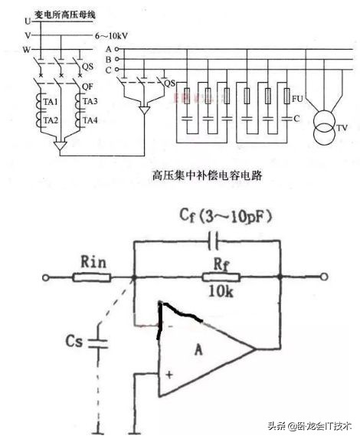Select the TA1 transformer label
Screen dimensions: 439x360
pos(51,101)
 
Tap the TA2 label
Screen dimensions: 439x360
pos(51,120)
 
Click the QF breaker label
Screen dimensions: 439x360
pos(87,87)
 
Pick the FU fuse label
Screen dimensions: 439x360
pos(298,99)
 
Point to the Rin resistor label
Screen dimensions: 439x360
pos(93,261)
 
